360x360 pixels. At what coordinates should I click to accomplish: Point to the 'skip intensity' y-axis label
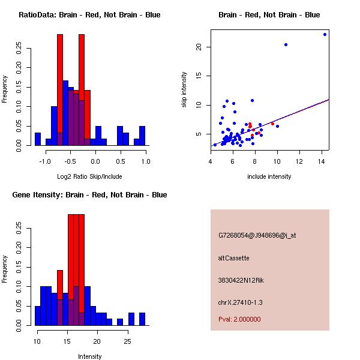tap(185, 90)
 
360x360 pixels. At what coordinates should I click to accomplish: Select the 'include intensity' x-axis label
tap(269, 176)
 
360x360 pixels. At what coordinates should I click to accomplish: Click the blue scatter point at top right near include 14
tap(325, 34)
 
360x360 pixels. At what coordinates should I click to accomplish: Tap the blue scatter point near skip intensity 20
tap(286, 44)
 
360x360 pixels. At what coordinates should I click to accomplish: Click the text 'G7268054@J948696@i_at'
tap(257, 235)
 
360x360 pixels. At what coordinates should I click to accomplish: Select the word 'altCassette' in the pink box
tap(233, 258)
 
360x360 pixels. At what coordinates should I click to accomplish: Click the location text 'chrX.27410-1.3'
tap(240, 302)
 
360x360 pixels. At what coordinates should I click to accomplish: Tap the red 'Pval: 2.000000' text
tap(239, 319)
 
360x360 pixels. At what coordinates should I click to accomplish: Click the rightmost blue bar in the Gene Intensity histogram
tap(142, 319)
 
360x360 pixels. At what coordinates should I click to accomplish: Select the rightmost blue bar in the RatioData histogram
tap(142, 136)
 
